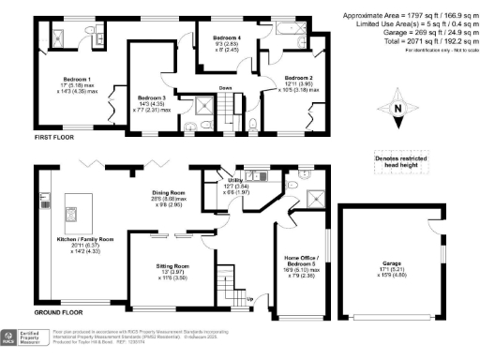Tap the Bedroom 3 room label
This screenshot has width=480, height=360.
tap(151, 97)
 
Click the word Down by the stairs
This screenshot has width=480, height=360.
tap(225, 89)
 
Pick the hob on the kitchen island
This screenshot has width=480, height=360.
tap(69, 213)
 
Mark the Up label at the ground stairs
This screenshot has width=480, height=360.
tap(247, 299)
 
